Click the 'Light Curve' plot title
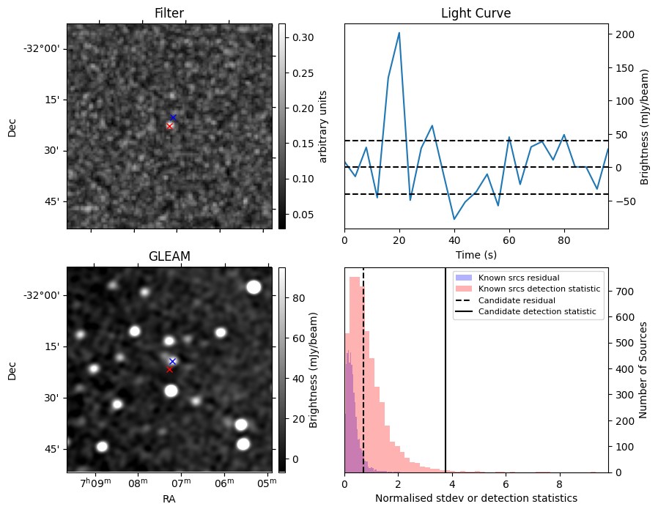point(476,13)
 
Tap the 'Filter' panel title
point(169,13)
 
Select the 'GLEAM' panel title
point(169,256)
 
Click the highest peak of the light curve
point(399,33)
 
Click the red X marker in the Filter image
point(169,126)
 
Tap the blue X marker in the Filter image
point(173,117)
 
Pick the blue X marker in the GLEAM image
point(172,361)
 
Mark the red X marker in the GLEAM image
point(169,369)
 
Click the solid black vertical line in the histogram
point(446,381)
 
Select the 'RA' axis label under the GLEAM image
point(169,499)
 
